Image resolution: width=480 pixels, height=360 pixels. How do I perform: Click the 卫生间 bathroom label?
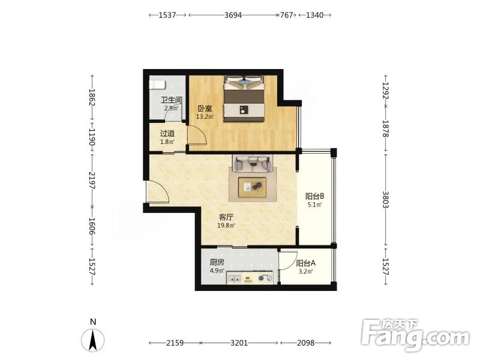coord(172,100)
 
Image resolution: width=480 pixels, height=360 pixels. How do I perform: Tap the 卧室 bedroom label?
coord(205,109)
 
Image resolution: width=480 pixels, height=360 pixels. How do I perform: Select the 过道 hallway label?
coord(167,133)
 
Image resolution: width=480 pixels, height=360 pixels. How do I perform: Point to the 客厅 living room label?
coord(226,217)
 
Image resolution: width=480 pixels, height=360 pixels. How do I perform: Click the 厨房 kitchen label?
coord(217,262)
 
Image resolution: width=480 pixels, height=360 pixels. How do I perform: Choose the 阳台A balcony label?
coord(305,263)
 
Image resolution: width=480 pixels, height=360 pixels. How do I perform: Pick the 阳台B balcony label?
coord(314,196)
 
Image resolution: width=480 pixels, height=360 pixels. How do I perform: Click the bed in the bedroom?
coord(244,98)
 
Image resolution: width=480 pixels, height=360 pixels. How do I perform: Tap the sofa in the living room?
coord(253,163)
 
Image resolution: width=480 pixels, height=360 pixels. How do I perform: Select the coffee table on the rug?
coord(252,187)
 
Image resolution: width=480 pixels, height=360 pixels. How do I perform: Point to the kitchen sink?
coord(234,278)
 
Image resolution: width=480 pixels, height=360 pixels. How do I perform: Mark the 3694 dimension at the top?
coord(233,15)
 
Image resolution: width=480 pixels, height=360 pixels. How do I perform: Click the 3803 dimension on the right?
coord(385,200)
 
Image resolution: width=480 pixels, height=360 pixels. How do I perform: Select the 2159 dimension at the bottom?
coord(175,343)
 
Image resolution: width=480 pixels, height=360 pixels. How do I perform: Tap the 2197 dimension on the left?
coord(92,181)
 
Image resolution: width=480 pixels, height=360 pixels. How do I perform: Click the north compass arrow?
coord(93,340)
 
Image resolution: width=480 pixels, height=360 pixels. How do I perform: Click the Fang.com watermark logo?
coord(415,335)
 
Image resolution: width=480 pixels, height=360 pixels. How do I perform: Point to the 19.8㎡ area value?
coord(226,226)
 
